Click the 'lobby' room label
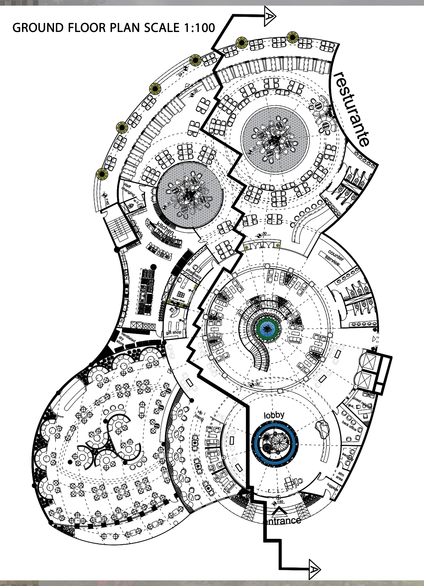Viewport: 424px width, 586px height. pos(274,415)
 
